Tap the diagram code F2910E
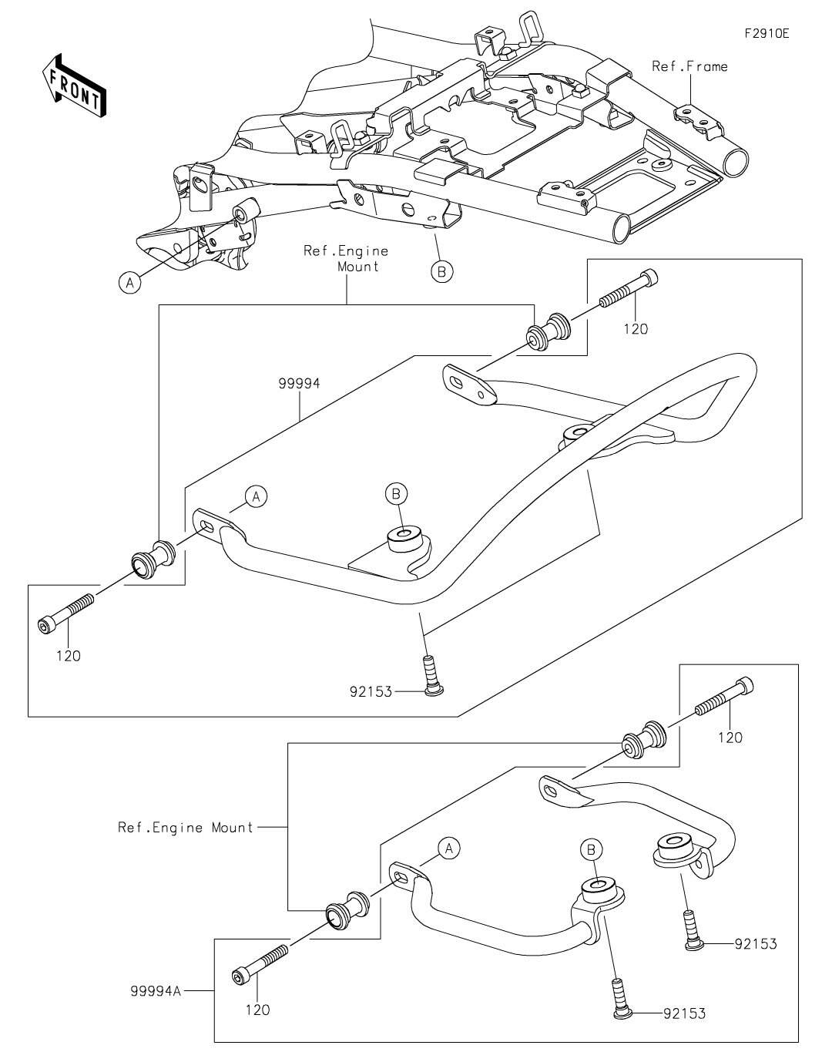click(x=766, y=34)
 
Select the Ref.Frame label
click(x=689, y=66)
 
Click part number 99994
click(x=300, y=383)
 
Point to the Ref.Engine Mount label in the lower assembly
click(x=186, y=828)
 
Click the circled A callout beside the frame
click(x=129, y=283)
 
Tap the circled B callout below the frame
click(x=441, y=271)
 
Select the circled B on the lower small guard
click(x=591, y=849)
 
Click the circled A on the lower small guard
click(x=449, y=849)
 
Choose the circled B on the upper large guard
click(x=396, y=492)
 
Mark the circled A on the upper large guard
click(x=257, y=496)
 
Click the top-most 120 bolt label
click(x=636, y=329)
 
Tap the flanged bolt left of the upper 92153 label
click(x=691, y=928)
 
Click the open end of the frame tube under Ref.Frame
click(x=735, y=162)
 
